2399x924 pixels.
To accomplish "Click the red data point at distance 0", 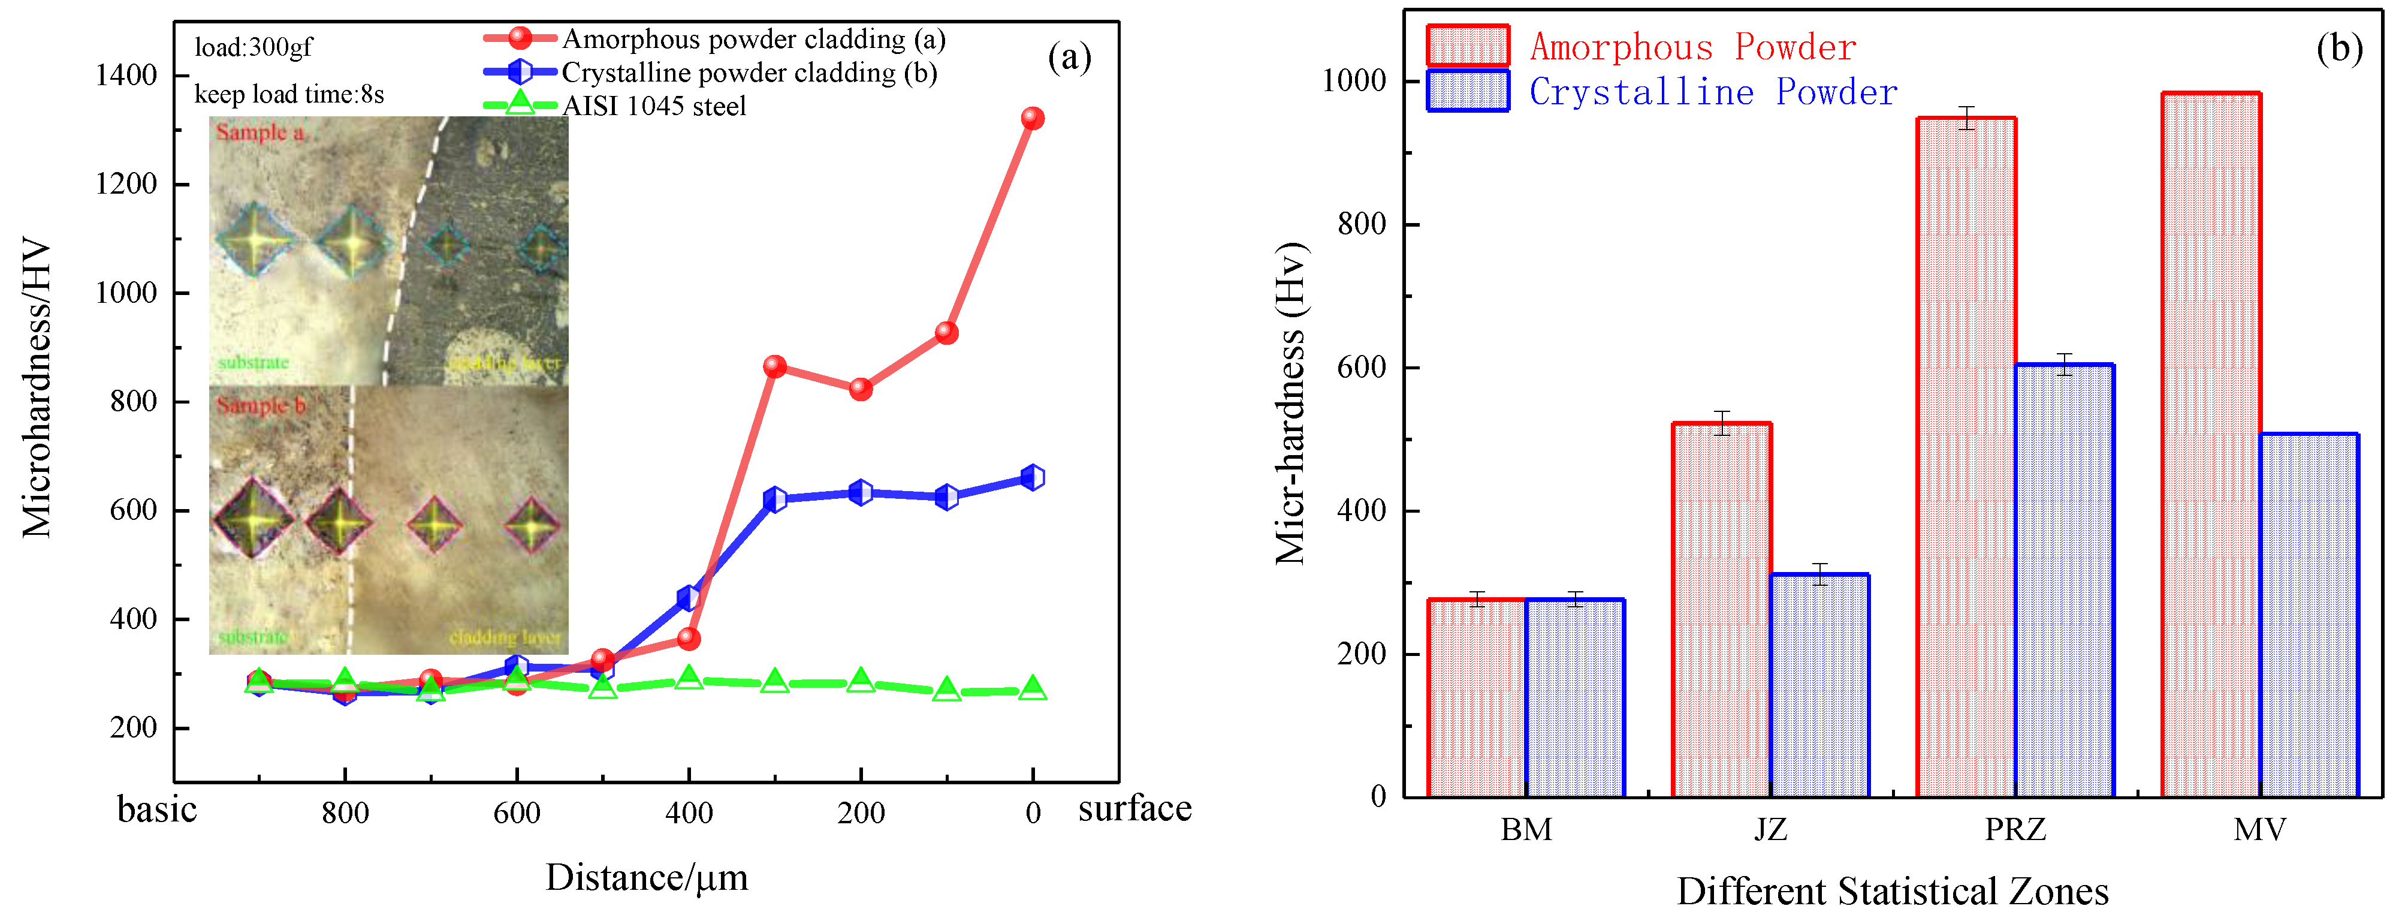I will [x=1032, y=118].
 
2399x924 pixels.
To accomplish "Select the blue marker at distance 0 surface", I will [x=1032, y=478].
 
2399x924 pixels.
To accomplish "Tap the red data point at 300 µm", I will [x=774, y=367].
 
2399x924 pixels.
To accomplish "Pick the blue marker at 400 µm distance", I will [x=688, y=598].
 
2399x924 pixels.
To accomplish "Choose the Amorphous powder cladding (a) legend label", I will [x=753, y=39].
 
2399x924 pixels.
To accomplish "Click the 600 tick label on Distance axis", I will [x=516, y=813].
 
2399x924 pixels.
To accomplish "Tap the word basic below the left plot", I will [x=156, y=809].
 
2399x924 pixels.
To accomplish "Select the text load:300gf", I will [x=254, y=47].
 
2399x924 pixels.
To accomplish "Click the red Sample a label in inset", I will [x=260, y=133].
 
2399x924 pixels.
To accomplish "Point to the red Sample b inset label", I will [x=261, y=405].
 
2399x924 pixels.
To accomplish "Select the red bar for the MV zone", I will [x=2210, y=447].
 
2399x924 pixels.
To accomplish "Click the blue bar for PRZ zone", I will [x=2064, y=582].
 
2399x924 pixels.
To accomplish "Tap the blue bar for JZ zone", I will [x=1819, y=687].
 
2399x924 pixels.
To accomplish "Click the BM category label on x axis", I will [x=1525, y=829].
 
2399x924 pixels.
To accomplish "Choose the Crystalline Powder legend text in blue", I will [x=1713, y=92].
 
